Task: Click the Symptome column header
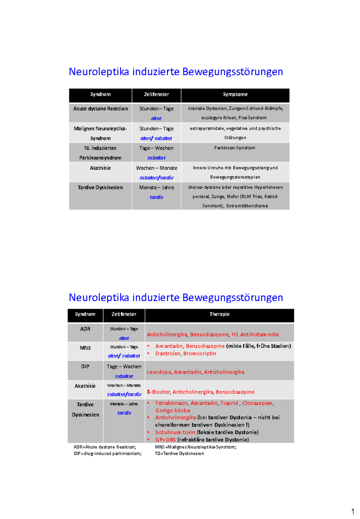pyautogui.click(x=235, y=94)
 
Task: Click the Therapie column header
pyautogui.click(x=219, y=314)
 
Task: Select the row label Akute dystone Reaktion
pyautogui.click(x=100, y=109)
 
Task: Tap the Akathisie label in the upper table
pyautogui.click(x=100, y=168)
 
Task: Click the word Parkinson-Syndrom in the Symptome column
pyautogui.click(x=235, y=148)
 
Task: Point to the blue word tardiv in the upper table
pyautogui.click(x=156, y=197)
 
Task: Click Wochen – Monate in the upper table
pyautogui.click(x=156, y=168)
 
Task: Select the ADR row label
pyautogui.click(x=85, y=329)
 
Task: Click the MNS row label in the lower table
pyautogui.click(x=85, y=348)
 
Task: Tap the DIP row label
pyautogui.click(x=85, y=366)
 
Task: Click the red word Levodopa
pyautogui.click(x=159, y=372)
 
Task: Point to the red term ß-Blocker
pyautogui.click(x=158, y=392)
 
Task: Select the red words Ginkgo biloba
pyautogui.click(x=172, y=410)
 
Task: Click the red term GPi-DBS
pyautogui.click(x=165, y=439)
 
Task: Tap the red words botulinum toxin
pyautogui.click(x=175, y=432)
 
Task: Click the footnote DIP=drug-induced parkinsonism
pyautogui.click(x=107, y=453)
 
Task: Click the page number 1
pyautogui.click(x=353, y=511)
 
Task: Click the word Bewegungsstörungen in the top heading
pyautogui.click(x=232, y=72)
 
